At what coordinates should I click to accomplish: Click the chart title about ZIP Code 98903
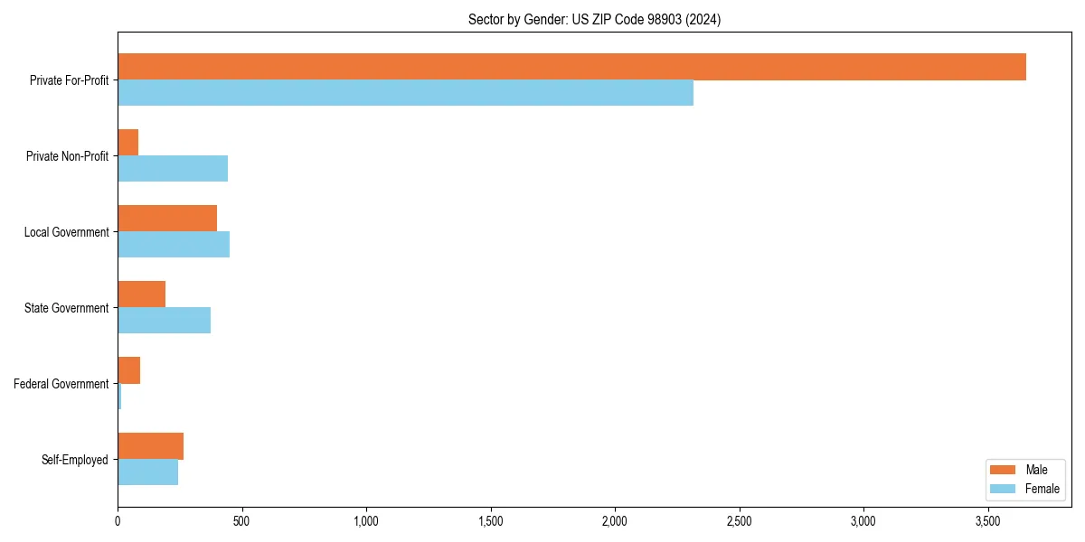pyautogui.click(x=594, y=19)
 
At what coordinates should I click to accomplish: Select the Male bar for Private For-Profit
pyautogui.click(x=571, y=67)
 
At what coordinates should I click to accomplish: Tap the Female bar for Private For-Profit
pyautogui.click(x=405, y=93)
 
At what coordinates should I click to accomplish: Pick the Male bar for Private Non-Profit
pyautogui.click(x=127, y=143)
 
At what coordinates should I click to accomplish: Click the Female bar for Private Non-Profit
pyautogui.click(x=173, y=169)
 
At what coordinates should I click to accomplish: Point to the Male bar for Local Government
pyautogui.click(x=167, y=219)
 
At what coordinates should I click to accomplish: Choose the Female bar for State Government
pyautogui.click(x=164, y=321)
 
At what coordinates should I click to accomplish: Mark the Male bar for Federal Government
pyautogui.click(x=128, y=370)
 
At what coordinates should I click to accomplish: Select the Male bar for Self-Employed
pyautogui.click(x=150, y=446)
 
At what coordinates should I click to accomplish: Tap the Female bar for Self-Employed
pyautogui.click(x=147, y=472)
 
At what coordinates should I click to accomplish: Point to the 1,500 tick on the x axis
pyautogui.click(x=490, y=521)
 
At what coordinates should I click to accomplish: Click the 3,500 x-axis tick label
pyautogui.click(x=988, y=521)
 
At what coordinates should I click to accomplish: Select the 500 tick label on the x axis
pyautogui.click(x=241, y=521)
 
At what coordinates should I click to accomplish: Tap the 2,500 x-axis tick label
pyautogui.click(x=740, y=521)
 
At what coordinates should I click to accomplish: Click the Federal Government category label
pyautogui.click(x=61, y=384)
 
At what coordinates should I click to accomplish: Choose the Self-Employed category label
pyautogui.click(x=75, y=460)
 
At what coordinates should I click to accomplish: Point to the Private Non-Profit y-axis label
pyautogui.click(x=67, y=156)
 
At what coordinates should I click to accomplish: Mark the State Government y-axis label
pyautogui.click(x=67, y=308)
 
